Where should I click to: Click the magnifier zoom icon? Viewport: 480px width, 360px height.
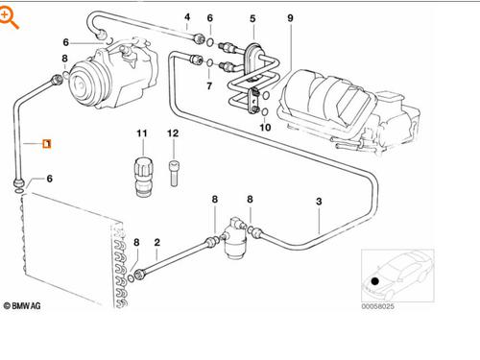coord(11,14)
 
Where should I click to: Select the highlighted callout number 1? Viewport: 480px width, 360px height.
coord(46,144)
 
